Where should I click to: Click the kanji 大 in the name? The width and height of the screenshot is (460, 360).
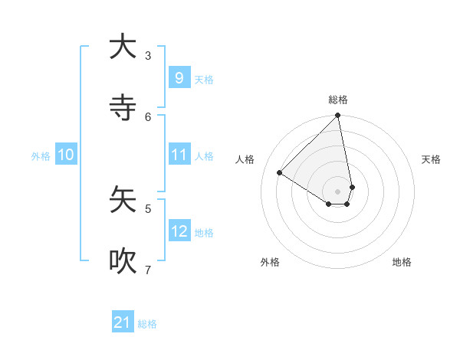pyautogui.click(x=123, y=47)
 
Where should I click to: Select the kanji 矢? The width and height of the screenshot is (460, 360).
pyautogui.click(x=123, y=200)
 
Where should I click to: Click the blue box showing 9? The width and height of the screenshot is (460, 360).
pyautogui.click(x=179, y=77)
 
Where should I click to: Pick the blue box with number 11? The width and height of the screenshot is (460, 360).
pyautogui.click(x=179, y=155)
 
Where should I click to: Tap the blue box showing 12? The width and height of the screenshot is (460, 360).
pyautogui.click(x=179, y=231)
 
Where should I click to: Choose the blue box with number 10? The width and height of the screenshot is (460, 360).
pyautogui.click(x=66, y=155)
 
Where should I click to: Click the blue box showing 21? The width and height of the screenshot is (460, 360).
pyautogui.click(x=123, y=323)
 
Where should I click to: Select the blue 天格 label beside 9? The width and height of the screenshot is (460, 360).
pyautogui.click(x=204, y=80)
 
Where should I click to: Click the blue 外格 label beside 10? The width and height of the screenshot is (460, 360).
pyautogui.click(x=41, y=156)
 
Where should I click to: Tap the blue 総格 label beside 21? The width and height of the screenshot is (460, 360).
pyautogui.click(x=147, y=325)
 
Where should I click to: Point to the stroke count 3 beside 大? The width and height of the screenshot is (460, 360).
pyautogui.click(x=148, y=55)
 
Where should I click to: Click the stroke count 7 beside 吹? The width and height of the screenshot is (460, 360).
pyautogui.click(x=148, y=270)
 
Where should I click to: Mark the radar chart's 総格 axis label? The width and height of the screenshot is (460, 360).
pyautogui.click(x=338, y=100)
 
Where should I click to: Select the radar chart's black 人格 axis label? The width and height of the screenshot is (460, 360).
pyautogui.click(x=245, y=159)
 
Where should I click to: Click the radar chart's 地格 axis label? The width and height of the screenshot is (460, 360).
pyautogui.click(x=402, y=262)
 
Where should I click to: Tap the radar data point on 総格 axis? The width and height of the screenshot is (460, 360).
pyautogui.click(x=338, y=116)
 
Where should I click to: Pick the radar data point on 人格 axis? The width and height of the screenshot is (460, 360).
pyautogui.click(x=280, y=173)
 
